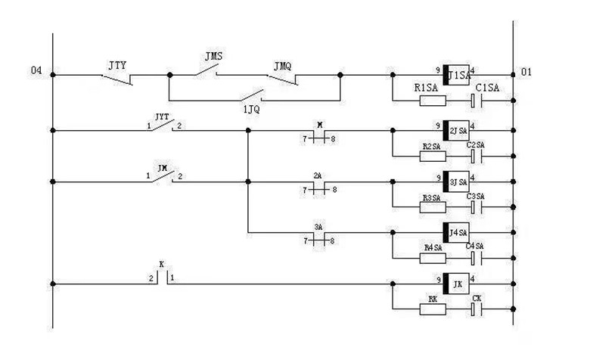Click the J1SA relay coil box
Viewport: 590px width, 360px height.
457,75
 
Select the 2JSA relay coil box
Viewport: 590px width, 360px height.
457,130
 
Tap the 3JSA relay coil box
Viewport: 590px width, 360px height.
457,182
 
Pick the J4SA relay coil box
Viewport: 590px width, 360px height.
457,231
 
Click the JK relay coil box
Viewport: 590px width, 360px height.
457,284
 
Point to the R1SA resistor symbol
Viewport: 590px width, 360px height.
433,100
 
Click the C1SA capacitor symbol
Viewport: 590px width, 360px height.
477,100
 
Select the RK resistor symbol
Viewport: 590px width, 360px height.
433,309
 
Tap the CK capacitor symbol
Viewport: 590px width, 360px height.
477,309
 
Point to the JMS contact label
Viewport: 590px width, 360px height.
213,57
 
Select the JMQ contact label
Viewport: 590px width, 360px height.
282,66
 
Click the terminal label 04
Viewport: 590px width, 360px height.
36,72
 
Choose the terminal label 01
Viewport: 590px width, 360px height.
526,72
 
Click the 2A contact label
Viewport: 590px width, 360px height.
318,175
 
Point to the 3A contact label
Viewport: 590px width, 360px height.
318,225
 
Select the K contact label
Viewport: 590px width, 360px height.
161,265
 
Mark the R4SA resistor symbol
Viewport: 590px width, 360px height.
433,256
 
